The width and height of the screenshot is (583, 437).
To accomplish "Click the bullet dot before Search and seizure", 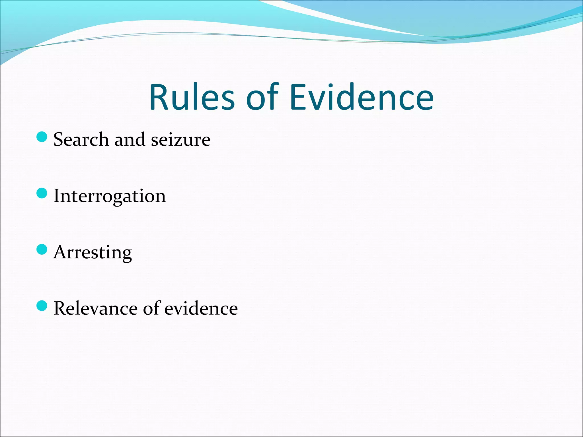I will coord(42,137).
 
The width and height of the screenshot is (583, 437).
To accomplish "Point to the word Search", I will coord(81,139).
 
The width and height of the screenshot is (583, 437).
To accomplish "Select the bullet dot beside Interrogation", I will coord(42,193).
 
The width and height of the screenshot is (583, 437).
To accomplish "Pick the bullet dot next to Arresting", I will coord(42,250).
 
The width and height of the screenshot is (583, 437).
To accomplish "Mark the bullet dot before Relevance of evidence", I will coord(42,306).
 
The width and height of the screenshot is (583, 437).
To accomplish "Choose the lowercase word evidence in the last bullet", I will coord(201,308).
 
